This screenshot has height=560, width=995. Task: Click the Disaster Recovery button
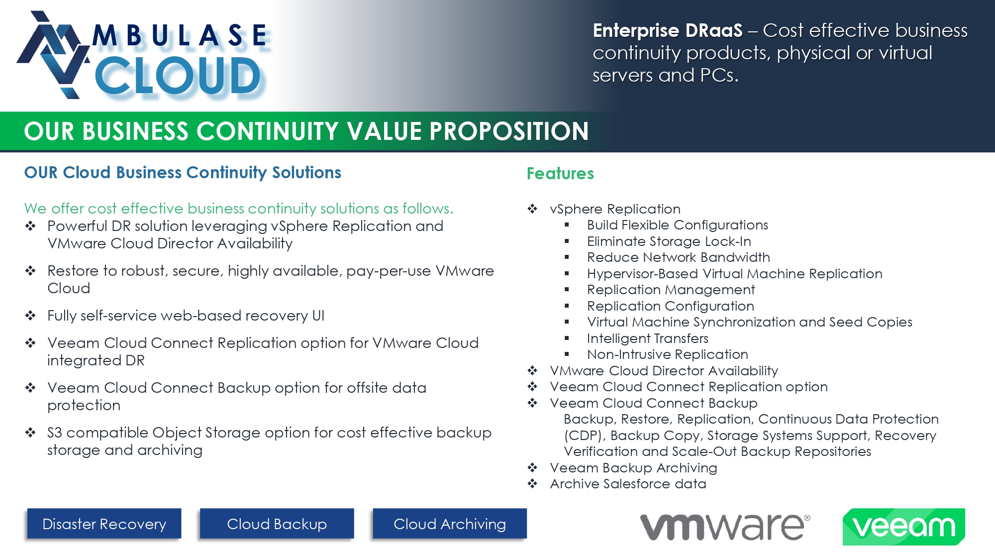pos(104,523)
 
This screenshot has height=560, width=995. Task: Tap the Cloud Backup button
pos(277,523)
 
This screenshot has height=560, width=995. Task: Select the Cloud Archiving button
pos(450,523)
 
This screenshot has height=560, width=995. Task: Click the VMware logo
pos(725,527)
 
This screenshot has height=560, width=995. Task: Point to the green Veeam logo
pos(903,527)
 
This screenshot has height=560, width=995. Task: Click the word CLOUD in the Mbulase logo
pos(178,76)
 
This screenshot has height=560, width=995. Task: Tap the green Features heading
pos(560,173)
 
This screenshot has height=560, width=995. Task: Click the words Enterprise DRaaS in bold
pos(668,30)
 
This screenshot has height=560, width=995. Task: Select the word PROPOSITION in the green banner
pos(509,131)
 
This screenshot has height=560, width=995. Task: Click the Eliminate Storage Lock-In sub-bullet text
pos(669,241)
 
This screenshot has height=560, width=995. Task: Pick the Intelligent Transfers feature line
pos(648,338)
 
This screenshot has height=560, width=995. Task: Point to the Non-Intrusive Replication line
pos(668,354)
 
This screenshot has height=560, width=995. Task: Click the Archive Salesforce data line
pos(628,484)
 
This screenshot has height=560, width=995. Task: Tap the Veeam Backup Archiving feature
pos(633,468)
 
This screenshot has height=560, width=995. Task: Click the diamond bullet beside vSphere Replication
pos(532,209)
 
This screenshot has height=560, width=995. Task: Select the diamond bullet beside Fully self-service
pos(30,315)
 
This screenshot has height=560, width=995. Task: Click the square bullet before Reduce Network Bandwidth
pos(567,257)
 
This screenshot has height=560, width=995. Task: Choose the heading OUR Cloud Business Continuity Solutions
pos(183,172)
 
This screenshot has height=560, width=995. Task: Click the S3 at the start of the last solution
pos(55,433)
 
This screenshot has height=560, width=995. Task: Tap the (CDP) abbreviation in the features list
pos(585,436)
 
